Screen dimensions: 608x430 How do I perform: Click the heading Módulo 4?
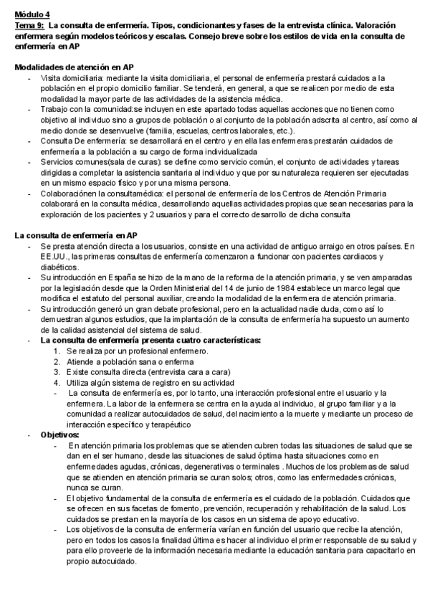[33, 14]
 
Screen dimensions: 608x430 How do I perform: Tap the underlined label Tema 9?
[29, 24]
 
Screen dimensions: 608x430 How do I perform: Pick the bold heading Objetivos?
[61, 434]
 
